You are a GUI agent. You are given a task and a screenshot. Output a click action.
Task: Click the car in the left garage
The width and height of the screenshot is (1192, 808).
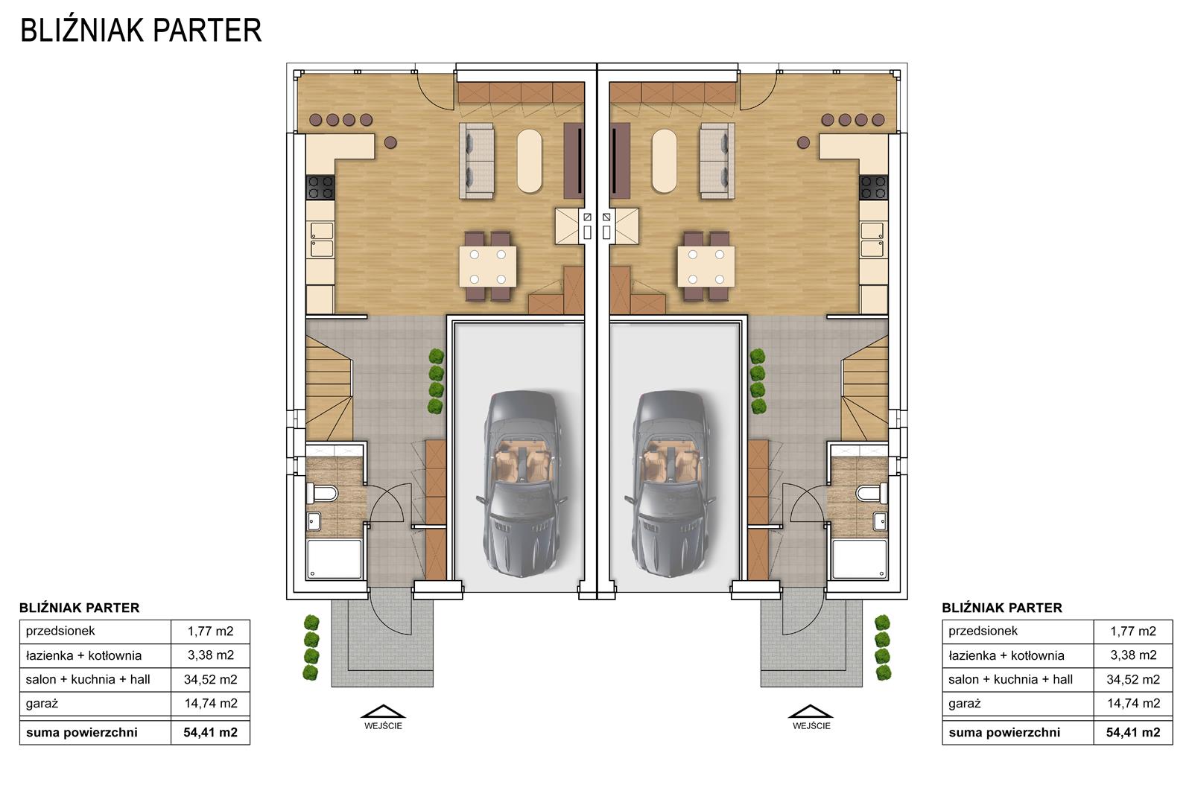click(521, 483)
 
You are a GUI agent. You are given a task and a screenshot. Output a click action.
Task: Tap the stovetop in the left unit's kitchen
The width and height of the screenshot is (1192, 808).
click(320, 188)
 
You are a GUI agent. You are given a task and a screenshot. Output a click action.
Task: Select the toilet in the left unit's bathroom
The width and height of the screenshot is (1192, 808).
click(322, 494)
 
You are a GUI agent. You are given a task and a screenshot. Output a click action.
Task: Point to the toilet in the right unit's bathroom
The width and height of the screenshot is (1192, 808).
click(872, 492)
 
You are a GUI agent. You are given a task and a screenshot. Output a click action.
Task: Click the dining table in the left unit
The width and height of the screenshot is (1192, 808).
click(488, 267)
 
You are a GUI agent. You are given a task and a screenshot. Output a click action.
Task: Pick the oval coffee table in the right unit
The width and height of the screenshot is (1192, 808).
click(664, 161)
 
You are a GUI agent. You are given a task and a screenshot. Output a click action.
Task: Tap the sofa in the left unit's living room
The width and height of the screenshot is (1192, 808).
click(477, 161)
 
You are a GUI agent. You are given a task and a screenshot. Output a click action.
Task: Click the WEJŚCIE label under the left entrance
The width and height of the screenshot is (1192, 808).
click(383, 725)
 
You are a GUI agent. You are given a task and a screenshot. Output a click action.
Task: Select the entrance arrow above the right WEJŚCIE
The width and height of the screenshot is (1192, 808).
click(811, 712)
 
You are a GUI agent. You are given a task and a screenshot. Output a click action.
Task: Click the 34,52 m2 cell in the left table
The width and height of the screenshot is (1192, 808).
click(211, 679)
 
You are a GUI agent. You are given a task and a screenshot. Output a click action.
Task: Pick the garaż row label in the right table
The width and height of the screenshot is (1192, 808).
click(964, 704)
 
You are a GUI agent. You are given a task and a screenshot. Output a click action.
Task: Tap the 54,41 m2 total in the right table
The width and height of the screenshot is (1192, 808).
click(1133, 733)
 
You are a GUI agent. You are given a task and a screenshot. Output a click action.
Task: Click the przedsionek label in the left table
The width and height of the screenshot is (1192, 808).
click(60, 632)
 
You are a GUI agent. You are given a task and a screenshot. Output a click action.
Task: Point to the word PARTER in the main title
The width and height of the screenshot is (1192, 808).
click(208, 31)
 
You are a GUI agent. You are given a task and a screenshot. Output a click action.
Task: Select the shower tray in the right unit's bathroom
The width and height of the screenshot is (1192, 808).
click(860, 559)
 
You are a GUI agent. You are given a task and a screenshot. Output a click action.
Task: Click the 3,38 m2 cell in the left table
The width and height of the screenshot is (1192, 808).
click(211, 655)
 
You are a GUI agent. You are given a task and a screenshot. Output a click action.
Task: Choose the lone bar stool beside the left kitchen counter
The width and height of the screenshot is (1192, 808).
click(390, 142)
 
